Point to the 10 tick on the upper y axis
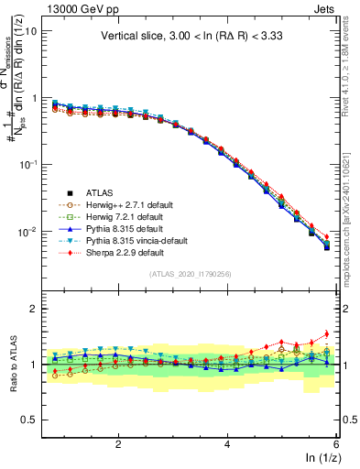pyautogui.click(x=32, y=30)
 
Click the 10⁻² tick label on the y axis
pyautogui.click(x=28, y=231)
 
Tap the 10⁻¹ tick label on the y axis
pyautogui.click(x=28, y=164)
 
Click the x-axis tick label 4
pyautogui.click(x=227, y=444)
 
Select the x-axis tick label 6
pyautogui.click(x=336, y=444)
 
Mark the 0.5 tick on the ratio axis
pyautogui.click(x=29, y=420)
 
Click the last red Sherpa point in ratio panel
pyautogui.click(x=326, y=333)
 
